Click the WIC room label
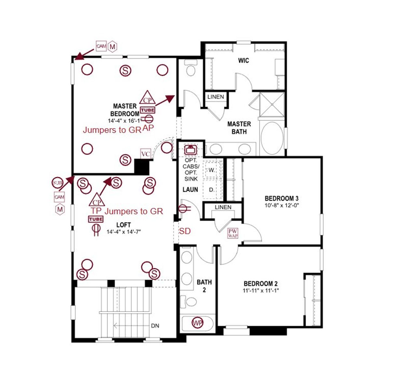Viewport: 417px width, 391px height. [x=243, y=61]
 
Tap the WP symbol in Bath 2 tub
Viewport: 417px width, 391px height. [x=197, y=323]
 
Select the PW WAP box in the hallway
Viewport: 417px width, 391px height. [x=233, y=233]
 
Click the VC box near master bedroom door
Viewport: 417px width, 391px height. [x=145, y=154]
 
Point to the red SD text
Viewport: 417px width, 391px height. [x=185, y=231]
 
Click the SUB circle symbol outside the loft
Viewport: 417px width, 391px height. [x=57, y=183]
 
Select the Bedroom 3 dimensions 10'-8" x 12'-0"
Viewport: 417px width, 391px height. [x=282, y=205]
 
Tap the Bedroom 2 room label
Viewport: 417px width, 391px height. [x=261, y=284]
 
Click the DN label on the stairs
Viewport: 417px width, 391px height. [x=155, y=326]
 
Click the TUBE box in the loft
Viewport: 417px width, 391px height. [x=96, y=219]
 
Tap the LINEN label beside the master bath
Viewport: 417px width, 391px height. [x=216, y=97]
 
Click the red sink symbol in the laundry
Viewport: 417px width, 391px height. [x=190, y=150]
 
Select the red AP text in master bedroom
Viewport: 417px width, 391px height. [x=148, y=128]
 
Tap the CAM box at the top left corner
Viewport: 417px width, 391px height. [x=101, y=46]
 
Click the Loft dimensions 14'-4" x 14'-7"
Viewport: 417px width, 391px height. [x=123, y=232]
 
